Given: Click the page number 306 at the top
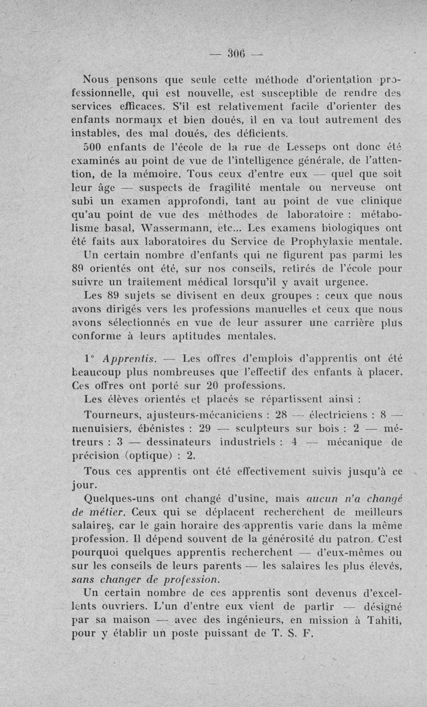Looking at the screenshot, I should [x=235, y=53].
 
